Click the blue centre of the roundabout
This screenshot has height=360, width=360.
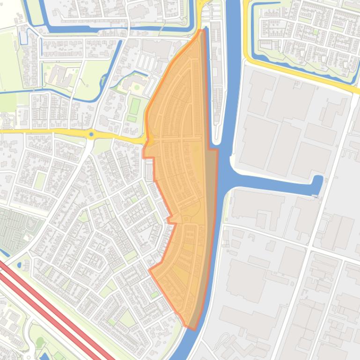(x=91, y=135)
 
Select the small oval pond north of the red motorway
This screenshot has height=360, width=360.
(x=19, y=265)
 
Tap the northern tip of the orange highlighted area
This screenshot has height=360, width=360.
(x=202, y=31)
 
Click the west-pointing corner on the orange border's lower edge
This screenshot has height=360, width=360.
(x=150, y=270)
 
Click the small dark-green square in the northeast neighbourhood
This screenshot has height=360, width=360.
(x=315, y=32)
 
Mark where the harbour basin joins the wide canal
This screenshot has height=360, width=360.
(x=229, y=178)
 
